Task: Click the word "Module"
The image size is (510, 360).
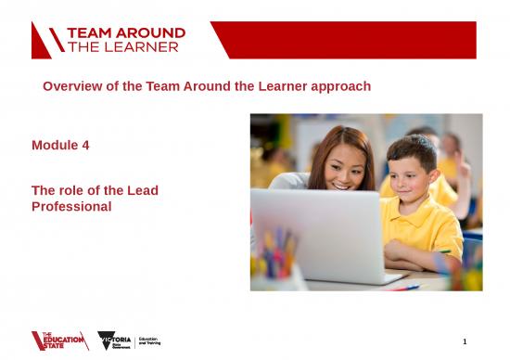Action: tap(54, 146)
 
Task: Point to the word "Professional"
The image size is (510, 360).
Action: tap(71, 206)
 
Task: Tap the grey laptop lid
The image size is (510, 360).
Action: tap(316, 232)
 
